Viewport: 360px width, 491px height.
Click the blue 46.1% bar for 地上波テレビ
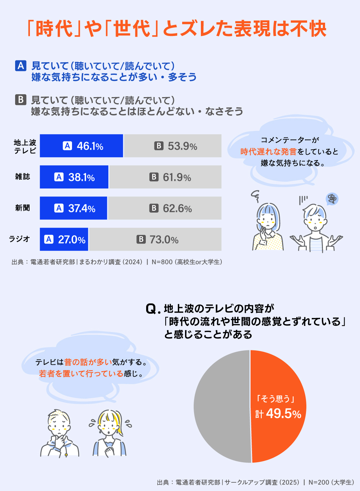point(81,146)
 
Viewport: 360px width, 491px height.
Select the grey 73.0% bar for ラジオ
point(155,239)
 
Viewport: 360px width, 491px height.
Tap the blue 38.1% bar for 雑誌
point(74,177)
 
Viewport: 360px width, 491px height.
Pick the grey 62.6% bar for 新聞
point(165,208)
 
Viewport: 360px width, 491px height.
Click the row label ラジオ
point(19,239)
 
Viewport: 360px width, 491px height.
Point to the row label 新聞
point(22,208)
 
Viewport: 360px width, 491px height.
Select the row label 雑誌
point(22,177)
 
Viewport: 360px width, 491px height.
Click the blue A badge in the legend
point(21,66)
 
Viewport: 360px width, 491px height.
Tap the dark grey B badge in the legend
point(21,100)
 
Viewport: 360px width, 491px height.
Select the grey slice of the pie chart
point(221,406)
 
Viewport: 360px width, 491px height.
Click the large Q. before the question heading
point(153,309)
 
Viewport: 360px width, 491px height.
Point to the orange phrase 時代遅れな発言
point(268,152)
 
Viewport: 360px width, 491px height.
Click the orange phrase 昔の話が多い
point(88,362)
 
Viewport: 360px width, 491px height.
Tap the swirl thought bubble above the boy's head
point(332,199)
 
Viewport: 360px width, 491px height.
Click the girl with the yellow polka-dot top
point(268,227)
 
